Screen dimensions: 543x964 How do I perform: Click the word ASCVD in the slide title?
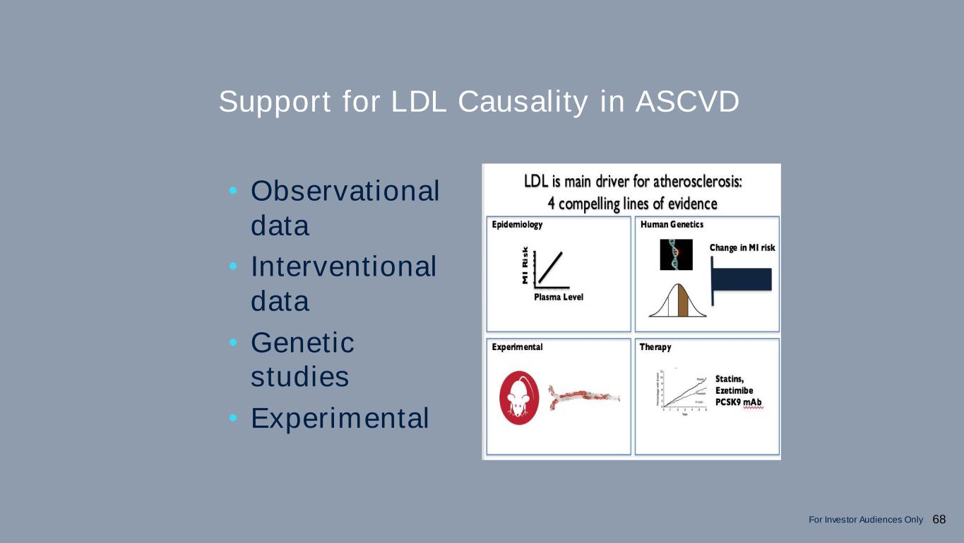click(687, 102)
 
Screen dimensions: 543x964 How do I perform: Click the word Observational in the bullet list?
click(345, 191)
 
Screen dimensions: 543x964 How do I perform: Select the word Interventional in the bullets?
click(343, 267)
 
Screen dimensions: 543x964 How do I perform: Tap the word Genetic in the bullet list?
click(302, 344)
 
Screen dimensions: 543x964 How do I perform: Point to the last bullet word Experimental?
click(340, 419)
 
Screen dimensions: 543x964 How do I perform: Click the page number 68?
click(939, 520)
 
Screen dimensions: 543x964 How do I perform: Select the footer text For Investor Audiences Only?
click(865, 520)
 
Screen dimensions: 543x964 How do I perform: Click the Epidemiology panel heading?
click(518, 225)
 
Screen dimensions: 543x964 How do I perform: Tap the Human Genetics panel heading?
click(672, 225)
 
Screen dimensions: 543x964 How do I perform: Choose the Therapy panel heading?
click(655, 347)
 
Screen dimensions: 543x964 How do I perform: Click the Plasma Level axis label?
click(559, 297)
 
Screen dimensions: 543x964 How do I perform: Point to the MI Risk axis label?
click(525, 266)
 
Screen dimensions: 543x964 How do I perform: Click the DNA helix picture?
click(676, 255)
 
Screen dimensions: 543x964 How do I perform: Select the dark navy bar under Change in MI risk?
click(742, 279)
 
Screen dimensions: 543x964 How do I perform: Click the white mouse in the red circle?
click(519, 398)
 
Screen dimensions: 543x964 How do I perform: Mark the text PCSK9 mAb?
click(739, 402)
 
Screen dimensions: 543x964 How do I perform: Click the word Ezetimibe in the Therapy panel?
click(734, 390)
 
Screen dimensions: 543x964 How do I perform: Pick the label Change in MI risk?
click(742, 247)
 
